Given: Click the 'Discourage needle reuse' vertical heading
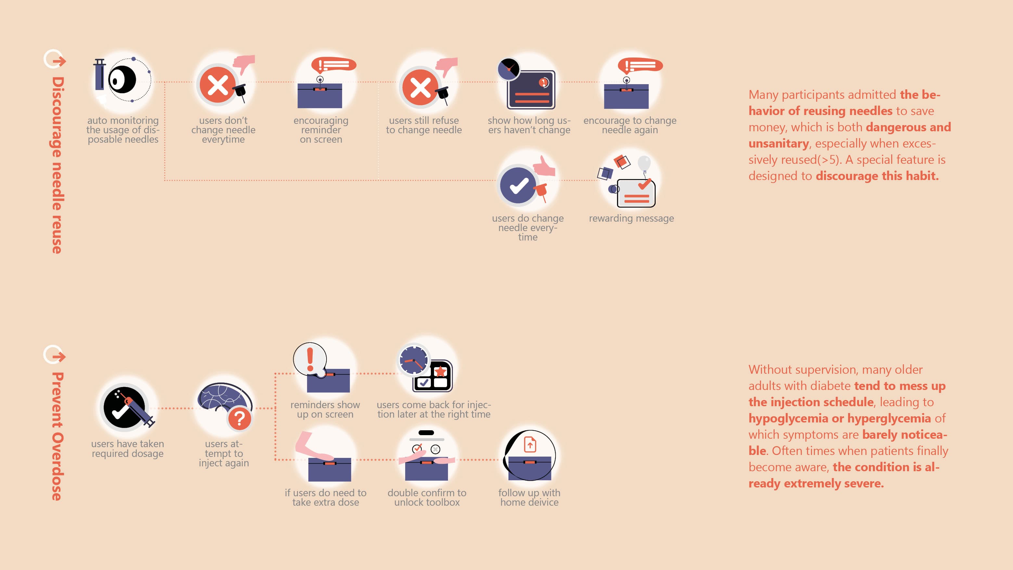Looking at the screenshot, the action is pyautogui.click(x=57, y=165).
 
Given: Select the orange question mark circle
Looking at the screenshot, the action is pyautogui.click(x=239, y=419).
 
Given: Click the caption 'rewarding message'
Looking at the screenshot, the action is pyautogui.click(x=631, y=218).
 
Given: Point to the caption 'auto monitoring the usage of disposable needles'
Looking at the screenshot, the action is pyautogui.click(x=123, y=130).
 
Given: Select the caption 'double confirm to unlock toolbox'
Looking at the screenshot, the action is pyautogui.click(x=427, y=498).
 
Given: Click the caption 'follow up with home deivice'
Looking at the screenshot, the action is pyautogui.click(x=529, y=498).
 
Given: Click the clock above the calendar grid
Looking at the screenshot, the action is pyautogui.click(x=413, y=360).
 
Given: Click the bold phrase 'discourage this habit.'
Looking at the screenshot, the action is pyautogui.click(x=877, y=176).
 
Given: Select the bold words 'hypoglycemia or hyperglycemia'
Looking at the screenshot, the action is pyautogui.click(x=839, y=418).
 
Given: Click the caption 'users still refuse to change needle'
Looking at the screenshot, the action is pyautogui.click(x=424, y=125).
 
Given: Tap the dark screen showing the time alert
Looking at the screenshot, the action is pyautogui.click(x=531, y=90).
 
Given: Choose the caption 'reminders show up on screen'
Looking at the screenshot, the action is pyautogui.click(x=325, y=409).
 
